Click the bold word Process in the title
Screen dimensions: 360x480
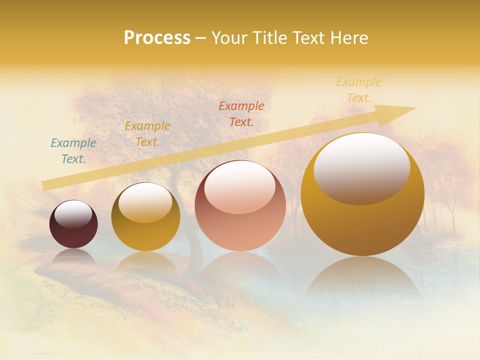tap(157, 38)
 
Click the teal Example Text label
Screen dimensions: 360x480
tap(73, 151)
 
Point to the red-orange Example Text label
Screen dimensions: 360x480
tap(241, 113)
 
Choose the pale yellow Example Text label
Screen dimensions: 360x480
tap(359, 90)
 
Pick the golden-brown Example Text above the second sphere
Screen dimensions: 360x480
tap(147, 134)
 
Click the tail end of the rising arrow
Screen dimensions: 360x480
tap(45, 185)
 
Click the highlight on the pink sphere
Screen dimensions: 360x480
tap(240, 187)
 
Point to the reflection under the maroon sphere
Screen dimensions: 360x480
tap(73, 256)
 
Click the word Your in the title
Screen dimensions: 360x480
tap(228, 38)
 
